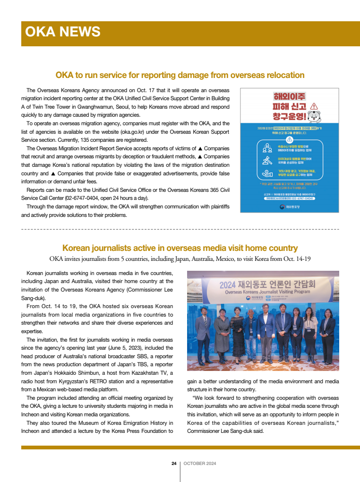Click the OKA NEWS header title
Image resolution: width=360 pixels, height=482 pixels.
pyautogui.click(x=62, y=32)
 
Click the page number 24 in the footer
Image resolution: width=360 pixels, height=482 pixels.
pyautogui.click(x=174, y=463)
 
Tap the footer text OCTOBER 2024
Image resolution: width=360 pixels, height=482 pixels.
pyautogui.click(x=200, y=463)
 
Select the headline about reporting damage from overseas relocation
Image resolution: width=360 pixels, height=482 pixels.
pyautogui.click(x=180, y=75)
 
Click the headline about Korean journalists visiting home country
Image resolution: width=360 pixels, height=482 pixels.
pyautogui.click(x=180, y=248)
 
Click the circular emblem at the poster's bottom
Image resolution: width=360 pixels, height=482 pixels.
pyautogui.click(x=282, y=207)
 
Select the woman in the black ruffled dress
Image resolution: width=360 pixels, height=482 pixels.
pyautogui.click(x=237, y=333)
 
